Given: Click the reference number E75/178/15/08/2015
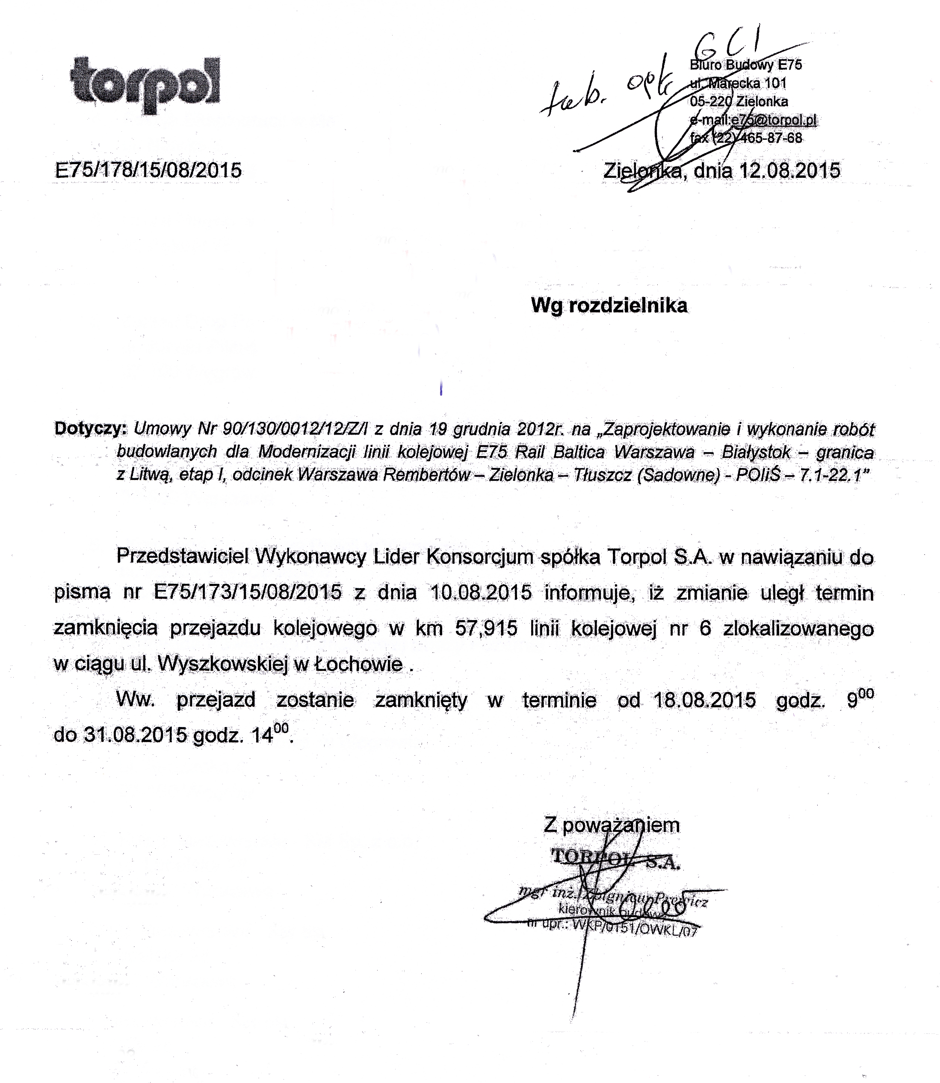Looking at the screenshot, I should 148,171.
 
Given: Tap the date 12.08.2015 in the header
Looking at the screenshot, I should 789,171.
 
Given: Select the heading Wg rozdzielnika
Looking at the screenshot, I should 609,305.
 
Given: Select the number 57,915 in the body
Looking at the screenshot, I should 486,628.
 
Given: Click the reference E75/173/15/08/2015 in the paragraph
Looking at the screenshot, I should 248,592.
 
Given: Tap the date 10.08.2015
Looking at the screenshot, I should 481,592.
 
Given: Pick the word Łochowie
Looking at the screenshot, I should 358,664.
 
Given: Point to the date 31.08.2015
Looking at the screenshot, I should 135,735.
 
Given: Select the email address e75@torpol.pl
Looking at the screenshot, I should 774,120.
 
